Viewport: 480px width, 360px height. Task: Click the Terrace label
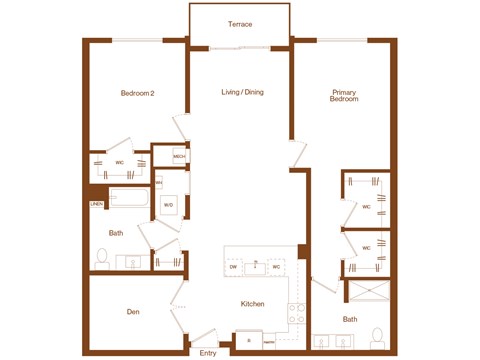pos(239,24)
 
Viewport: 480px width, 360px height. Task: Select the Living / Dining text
pos(242,93)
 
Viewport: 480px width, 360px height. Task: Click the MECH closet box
pos(179,156)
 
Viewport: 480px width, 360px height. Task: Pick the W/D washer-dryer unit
pos(168,206)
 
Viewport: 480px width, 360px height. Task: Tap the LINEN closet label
pos(96,205)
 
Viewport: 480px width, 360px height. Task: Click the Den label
pos(132,313)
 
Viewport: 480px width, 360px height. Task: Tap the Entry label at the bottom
pos(208,353)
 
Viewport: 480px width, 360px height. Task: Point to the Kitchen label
pos(252,304)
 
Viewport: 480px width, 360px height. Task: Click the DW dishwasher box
pos(233,267)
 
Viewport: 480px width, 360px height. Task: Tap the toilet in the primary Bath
pos(376,335)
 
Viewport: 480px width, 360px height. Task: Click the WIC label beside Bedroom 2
pos(119,163)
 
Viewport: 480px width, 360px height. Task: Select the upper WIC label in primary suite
pos(366,208)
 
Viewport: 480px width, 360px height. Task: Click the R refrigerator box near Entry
pos(249,341)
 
